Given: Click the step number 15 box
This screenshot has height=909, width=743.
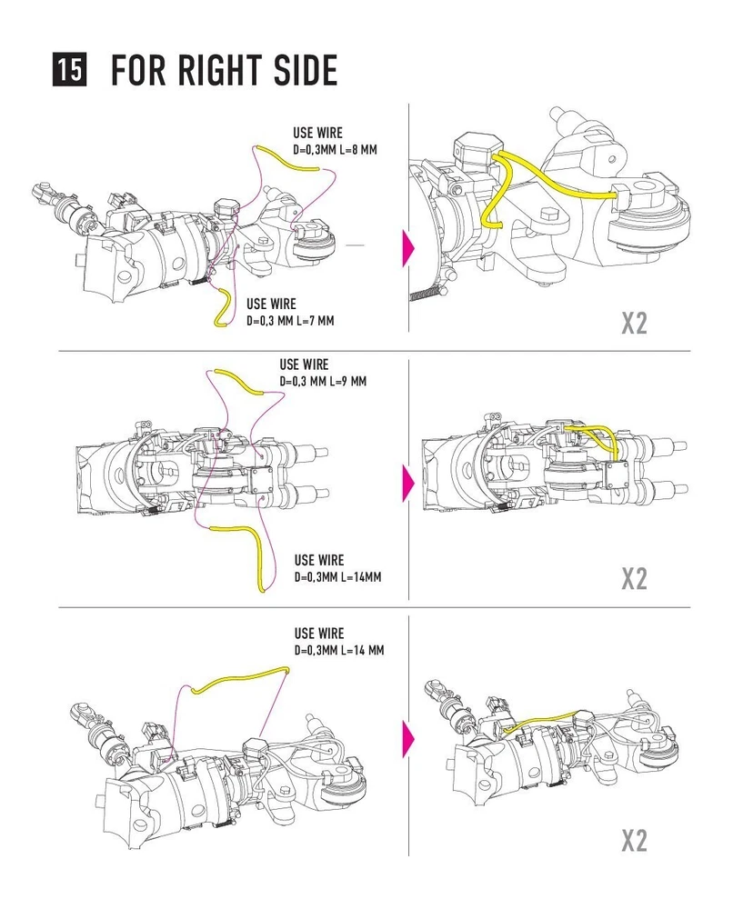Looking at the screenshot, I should coord(70,70).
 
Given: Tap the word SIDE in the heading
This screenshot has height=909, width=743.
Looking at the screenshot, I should coord(302,70).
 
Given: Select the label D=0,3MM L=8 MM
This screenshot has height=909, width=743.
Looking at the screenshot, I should coord(334,150).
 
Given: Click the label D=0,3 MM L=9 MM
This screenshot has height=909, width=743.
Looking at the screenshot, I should coord(323,382).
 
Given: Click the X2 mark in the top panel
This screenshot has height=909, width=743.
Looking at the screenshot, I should coord(634,323).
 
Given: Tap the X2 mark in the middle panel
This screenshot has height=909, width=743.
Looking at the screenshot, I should coord(634,578).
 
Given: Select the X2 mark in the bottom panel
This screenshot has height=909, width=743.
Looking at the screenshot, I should coord(634,840).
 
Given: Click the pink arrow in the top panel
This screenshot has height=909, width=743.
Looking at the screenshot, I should coord(407,245).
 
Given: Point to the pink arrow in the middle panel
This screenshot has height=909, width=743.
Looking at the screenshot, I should coord(407,479).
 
